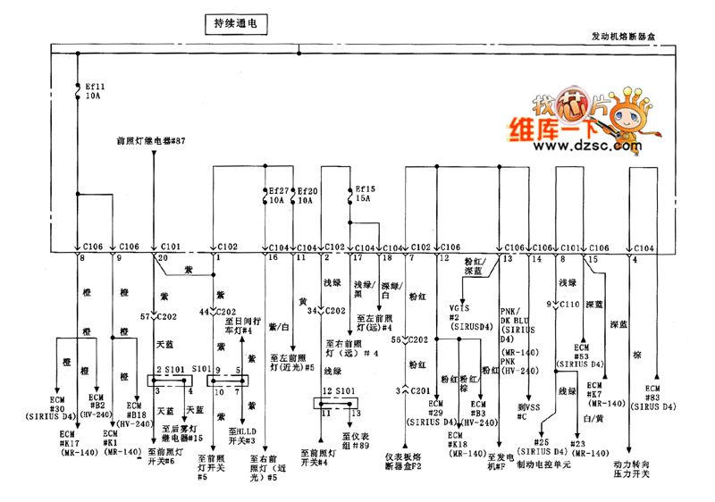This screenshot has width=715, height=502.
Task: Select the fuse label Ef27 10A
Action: [279, 196]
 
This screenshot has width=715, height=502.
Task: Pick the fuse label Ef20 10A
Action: [307, 196]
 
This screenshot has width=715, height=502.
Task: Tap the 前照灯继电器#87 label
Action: [151, 141]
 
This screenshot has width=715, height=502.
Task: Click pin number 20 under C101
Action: [162, 257]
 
